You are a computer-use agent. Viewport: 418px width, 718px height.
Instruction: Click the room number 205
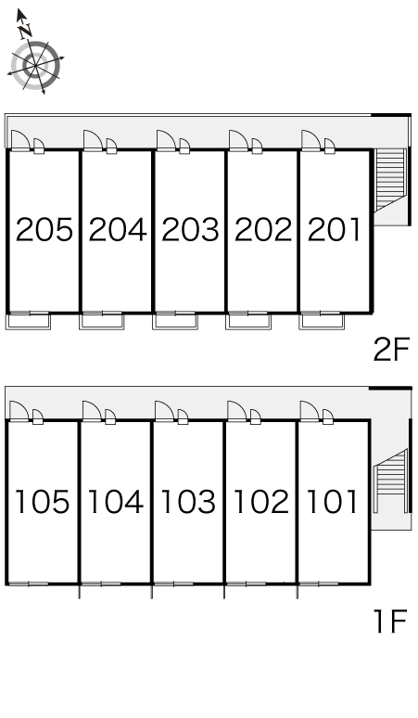pos(44,229)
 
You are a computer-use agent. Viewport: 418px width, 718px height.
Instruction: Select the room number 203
pos(190,229)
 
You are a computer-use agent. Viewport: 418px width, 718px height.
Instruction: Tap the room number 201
pos(335,229)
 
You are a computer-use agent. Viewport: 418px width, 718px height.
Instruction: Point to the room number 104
pos(116,502)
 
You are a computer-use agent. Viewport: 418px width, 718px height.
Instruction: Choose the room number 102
pos(261,502)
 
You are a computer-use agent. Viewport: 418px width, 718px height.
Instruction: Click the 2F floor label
pos(392,350)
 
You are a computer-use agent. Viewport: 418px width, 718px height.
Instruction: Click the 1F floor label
pos(390,622)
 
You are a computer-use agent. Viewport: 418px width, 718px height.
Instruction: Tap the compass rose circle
pos(35,66)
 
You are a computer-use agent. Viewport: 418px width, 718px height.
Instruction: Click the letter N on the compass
pos(26,31)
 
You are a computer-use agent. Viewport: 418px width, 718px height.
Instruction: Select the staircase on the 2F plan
pos(390,180)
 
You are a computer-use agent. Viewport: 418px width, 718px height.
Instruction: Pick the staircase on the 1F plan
pos(390,481)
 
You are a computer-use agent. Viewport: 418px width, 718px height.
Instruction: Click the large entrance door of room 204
pos(93,140)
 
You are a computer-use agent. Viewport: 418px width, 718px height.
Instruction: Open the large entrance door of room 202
pos(238,140)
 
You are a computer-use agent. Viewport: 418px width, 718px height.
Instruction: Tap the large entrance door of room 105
pos(19,411)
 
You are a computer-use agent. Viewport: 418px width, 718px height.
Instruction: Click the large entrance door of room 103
pos(164,411)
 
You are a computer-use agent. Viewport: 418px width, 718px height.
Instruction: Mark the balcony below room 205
pos(29,321)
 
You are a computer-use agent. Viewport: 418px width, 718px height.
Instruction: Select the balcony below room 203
pos(174,321)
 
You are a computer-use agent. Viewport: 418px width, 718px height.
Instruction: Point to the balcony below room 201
pos(322,321)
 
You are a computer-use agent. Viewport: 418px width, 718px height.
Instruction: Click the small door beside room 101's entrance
pos(328,417)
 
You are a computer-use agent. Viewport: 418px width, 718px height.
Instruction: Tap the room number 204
pos(118,229)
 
